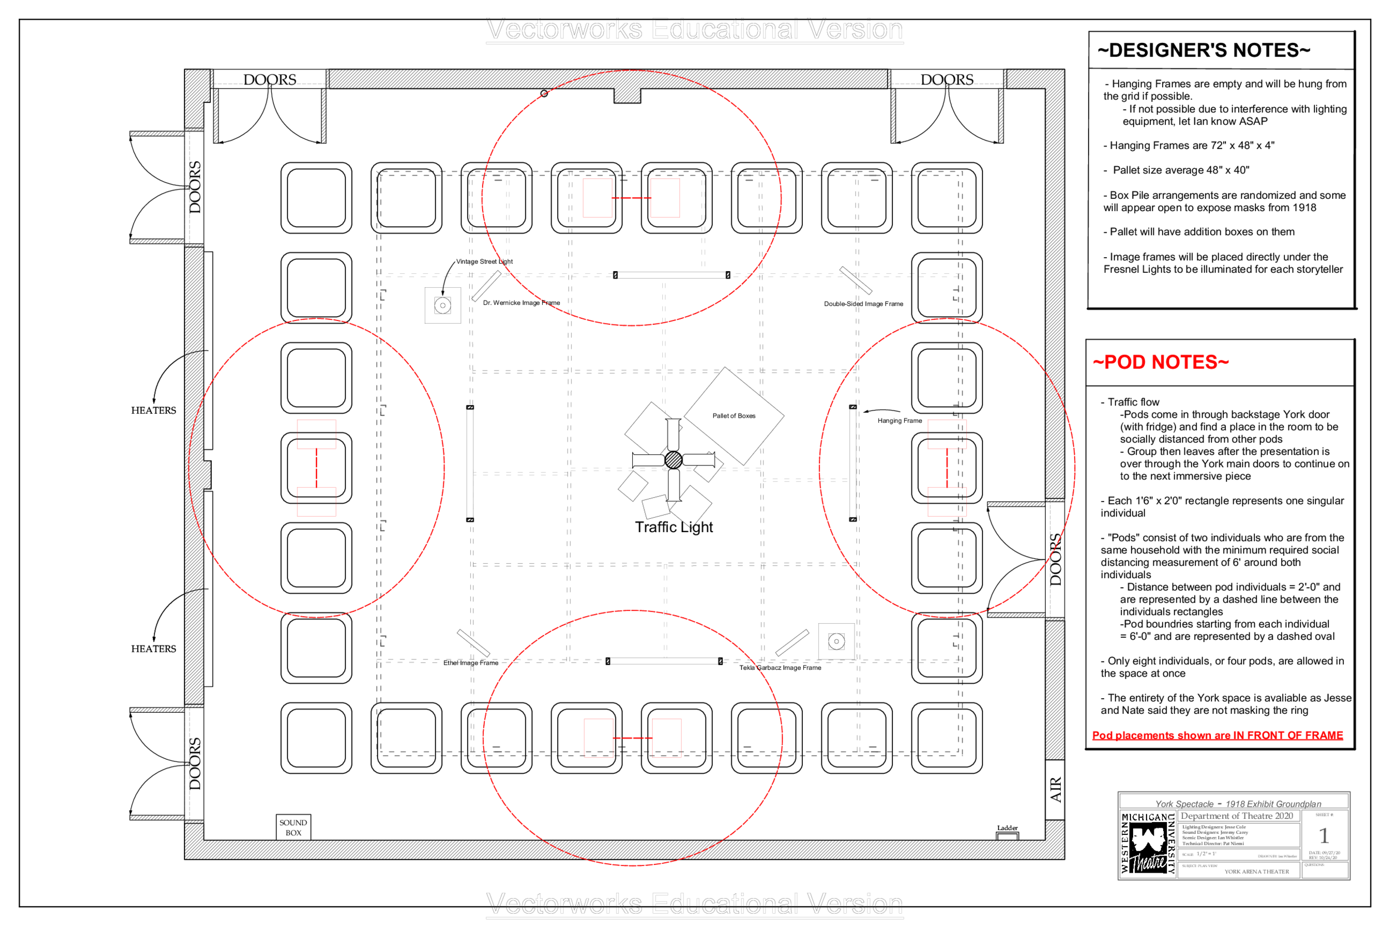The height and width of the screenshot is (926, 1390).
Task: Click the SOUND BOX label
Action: (293, 827)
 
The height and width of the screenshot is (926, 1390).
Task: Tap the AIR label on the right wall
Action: (1055, 789)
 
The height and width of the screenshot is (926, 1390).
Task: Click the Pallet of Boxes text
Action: (733, 416)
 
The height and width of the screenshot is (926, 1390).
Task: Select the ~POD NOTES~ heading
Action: (1160, 362)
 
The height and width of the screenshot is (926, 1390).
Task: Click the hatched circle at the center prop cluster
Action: (673, 459)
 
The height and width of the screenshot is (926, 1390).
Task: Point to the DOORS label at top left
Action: (270, 80)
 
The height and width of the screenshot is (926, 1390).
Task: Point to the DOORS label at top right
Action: (947, 80)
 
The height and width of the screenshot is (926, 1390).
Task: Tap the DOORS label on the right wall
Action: (1055, 559)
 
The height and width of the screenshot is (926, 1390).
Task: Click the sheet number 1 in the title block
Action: (1324, 835)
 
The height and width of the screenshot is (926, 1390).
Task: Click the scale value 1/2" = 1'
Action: (1206, 854)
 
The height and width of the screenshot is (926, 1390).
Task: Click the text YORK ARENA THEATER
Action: (1257, 872)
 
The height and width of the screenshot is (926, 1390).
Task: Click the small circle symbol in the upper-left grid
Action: (443, 306)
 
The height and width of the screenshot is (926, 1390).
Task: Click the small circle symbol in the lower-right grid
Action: (836, 642)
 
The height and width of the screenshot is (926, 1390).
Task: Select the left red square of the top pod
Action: (598, 198)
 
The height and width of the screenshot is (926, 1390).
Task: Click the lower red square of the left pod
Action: (316, 502)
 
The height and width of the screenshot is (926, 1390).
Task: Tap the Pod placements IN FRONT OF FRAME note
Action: (1218, 735)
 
